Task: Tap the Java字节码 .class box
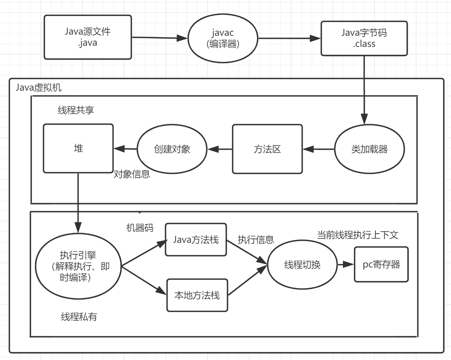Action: coord(364,38)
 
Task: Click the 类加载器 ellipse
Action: coord(370,150)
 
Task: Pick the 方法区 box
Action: coord(267,149)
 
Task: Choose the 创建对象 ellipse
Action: coord(172,149)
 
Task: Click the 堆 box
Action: coord(77,148)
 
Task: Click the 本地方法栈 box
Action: coord(196,295)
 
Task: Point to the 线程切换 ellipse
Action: coord(302,265)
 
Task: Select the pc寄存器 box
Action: coord(381,264)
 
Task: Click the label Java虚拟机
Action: coord(39,88)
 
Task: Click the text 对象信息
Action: coord(132,174)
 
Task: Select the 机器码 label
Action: coord(139,227)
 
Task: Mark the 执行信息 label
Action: coord(256,240)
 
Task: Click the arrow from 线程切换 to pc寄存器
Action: coord(345,265)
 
